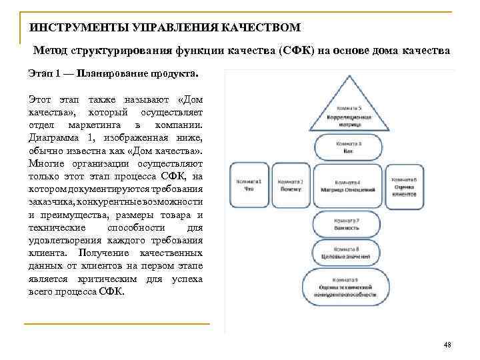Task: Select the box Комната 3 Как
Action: coord(347,148)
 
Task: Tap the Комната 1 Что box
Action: coord(249,185)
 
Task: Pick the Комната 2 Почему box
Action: coord(291,185)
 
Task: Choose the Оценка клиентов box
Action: coord(404,185)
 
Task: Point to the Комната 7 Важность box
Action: coord(347,224)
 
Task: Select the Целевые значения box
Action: coord(347,253)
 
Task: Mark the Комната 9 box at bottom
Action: coord(347,287)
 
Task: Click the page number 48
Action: coord(447,345)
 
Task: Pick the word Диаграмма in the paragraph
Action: coord(52,139)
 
